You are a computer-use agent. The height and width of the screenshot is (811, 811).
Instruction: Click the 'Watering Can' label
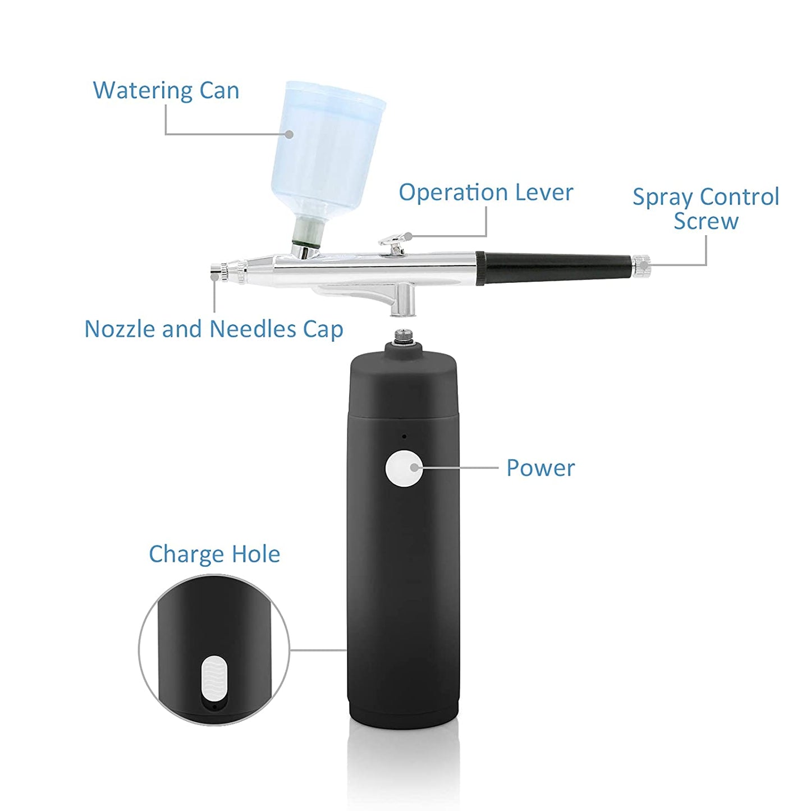click(x=166, y=90)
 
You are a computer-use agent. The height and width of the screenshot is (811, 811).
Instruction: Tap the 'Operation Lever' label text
click(x=485, y=193)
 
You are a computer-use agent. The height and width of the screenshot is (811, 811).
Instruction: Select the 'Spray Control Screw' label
click(x=705, y=208)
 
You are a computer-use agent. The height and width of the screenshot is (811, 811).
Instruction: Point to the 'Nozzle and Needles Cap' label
click(x=213, y=329)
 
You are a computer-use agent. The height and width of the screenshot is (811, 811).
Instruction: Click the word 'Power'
click(x=540, y=468)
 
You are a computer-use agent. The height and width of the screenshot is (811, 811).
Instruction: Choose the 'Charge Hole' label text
click(x=214, y=554)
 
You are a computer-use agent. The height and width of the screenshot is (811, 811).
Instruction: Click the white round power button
click(x=404, y=468)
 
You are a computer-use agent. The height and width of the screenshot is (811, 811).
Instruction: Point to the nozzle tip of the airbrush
click(x=214, y=276)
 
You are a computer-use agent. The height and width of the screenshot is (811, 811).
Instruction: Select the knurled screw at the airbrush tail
click(x=642, y=265)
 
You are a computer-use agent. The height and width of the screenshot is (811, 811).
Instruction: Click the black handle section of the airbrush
click(x=556, y=267)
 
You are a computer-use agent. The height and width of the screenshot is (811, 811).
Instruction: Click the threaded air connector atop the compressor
click(x=404, y=336)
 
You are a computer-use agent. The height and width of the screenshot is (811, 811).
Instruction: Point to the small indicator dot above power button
click(x=404, y=436)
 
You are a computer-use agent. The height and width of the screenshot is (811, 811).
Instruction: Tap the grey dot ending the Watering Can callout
click(x=289, y=134)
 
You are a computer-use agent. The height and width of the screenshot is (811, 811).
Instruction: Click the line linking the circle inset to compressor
click(x=318, y=650)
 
